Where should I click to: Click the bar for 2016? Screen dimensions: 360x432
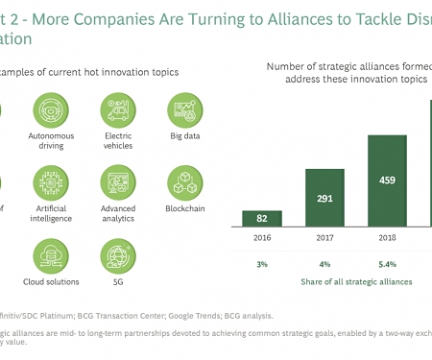269,218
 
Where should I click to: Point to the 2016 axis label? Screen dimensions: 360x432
269,238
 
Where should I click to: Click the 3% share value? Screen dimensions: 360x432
269,263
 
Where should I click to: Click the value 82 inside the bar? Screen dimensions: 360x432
269,218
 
